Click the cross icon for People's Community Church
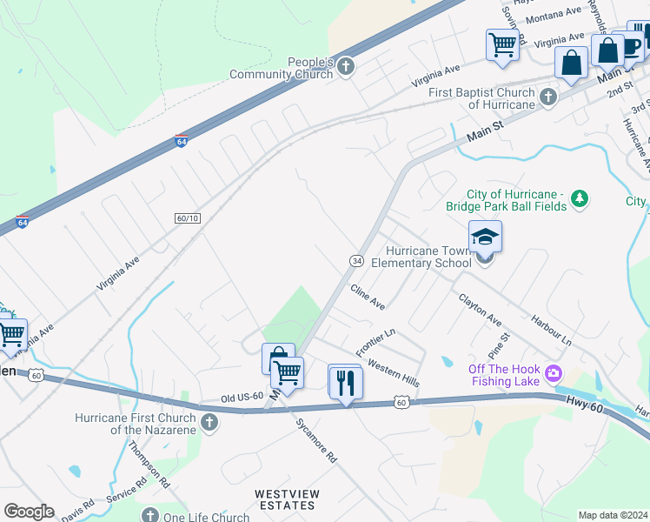pos(346,67)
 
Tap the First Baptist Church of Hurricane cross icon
pos(548,97)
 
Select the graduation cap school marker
pos(486,237)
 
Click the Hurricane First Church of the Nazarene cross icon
pos(209,423)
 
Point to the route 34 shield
pos(356,261)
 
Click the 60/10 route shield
pos(188,217)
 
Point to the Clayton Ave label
pos(481,308)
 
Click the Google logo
pos(29,512)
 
